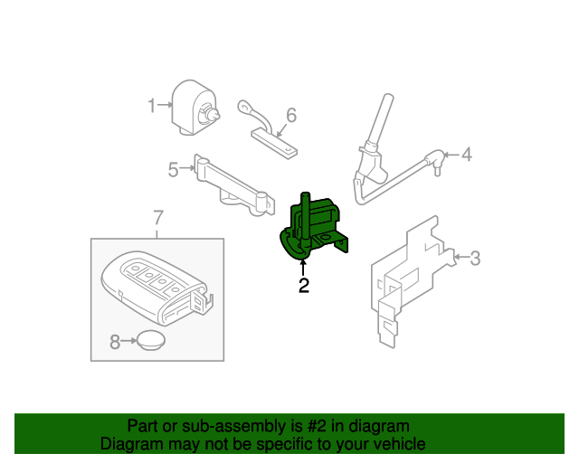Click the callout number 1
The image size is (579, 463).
152,107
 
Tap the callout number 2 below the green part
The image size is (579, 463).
304,287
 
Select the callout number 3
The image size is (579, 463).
475,259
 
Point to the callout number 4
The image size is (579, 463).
467,155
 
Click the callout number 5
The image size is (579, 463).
173,168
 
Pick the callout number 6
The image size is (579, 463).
291,115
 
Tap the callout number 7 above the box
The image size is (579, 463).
157,217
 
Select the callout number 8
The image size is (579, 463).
115,342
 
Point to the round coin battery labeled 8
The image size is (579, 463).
149,341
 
